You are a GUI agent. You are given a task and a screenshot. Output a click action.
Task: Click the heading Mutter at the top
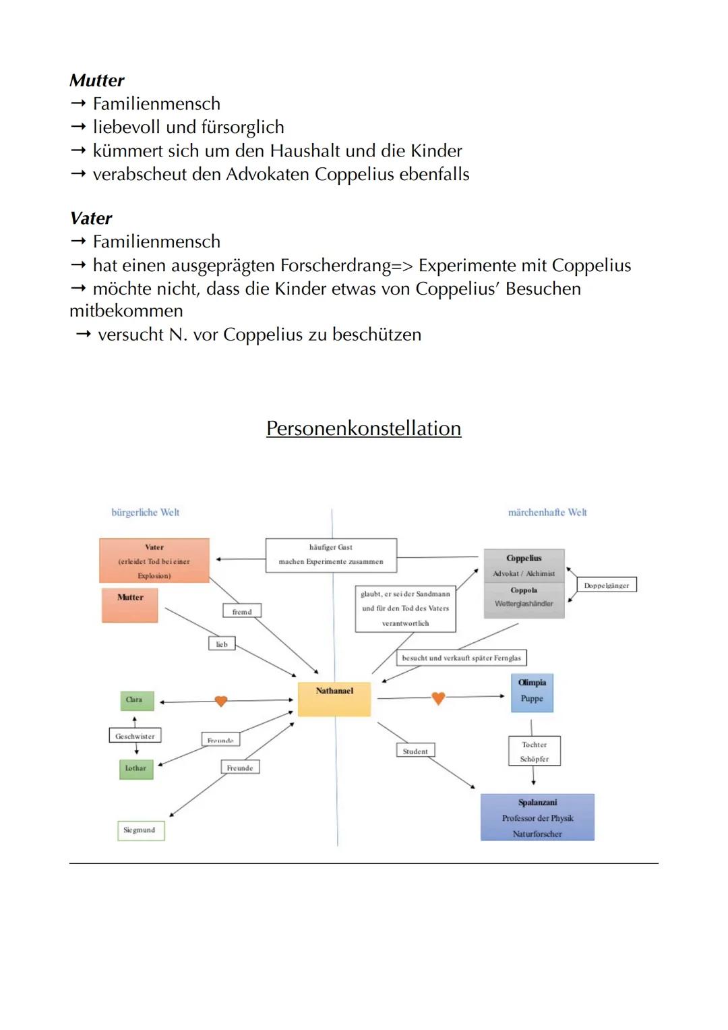point(97,80)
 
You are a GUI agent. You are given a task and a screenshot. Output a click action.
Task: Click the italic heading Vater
point(91,218)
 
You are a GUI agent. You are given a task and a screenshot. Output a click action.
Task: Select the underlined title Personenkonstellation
point(363,428)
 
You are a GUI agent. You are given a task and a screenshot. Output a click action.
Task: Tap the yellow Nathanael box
point(334,698)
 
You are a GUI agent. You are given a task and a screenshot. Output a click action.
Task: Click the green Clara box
point(137,700)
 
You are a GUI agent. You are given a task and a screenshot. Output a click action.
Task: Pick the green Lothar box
point(136,768)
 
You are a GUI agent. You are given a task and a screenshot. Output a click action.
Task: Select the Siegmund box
point(140,830)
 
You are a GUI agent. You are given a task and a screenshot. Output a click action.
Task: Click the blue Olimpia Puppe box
point(532,692)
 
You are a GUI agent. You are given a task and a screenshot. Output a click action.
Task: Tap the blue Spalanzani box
point(537,818)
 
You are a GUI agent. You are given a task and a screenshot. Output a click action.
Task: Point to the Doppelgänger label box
point(607,585)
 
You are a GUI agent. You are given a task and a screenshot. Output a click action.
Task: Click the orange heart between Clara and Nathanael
point(220,702)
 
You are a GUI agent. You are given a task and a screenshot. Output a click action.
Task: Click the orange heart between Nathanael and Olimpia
point(438,698)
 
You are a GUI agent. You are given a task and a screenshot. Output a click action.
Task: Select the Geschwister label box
point(135,736)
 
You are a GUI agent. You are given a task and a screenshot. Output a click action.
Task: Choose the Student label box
point(415,751)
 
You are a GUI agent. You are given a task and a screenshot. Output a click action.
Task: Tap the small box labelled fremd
point(241,611)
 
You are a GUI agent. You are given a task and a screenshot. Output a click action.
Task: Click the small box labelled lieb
point(222,644)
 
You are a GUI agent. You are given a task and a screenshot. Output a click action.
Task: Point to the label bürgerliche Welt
point(146,513)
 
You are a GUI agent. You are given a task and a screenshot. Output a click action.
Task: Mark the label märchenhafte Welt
point(547,513)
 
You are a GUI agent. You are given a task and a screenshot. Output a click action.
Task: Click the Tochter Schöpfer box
point(535,751)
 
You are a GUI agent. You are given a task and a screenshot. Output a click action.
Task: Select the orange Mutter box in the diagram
point(130,605)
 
